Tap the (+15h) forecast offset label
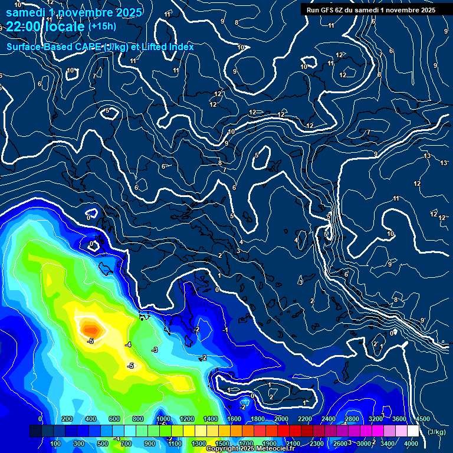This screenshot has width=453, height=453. point(102,27)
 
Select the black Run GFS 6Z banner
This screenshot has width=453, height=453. point(371,9)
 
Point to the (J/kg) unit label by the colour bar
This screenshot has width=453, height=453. point(436,432)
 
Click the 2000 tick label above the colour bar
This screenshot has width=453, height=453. point(281,419)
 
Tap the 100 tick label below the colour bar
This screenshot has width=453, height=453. point(56,444)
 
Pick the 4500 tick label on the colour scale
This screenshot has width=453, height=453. point(422,419)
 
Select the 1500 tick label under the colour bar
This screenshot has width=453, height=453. point(222,444)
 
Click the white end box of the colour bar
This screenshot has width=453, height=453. point(413,431)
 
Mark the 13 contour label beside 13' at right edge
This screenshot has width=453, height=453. point(427,156)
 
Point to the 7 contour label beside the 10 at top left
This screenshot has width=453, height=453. point(94,76)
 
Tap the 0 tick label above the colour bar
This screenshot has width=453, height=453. point(40,419)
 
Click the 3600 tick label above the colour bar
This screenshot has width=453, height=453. point(399,419)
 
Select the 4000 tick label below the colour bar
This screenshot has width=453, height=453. point(411,444)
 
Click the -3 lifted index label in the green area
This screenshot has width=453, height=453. point(155,350)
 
